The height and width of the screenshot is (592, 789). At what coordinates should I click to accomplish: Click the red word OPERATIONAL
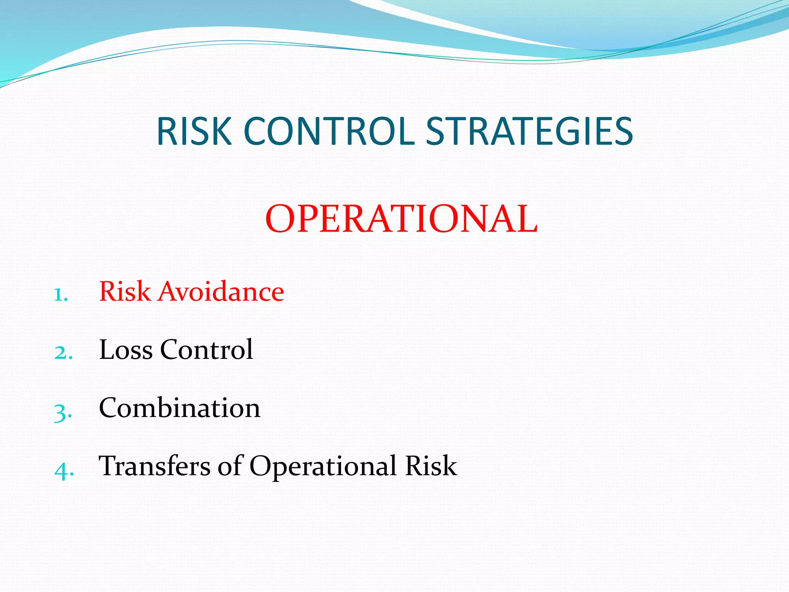coord(401,219)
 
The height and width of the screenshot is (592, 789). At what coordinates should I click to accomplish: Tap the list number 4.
coord(63,471)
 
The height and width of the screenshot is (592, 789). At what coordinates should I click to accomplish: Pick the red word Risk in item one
coord(125,291)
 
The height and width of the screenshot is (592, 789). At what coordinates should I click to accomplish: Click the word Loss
coord(126,350)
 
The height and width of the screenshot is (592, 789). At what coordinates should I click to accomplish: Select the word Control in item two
coord(206,350)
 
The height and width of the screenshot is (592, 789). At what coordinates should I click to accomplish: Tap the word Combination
coord(180,408)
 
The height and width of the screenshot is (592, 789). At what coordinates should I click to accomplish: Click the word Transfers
coord(154,466)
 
